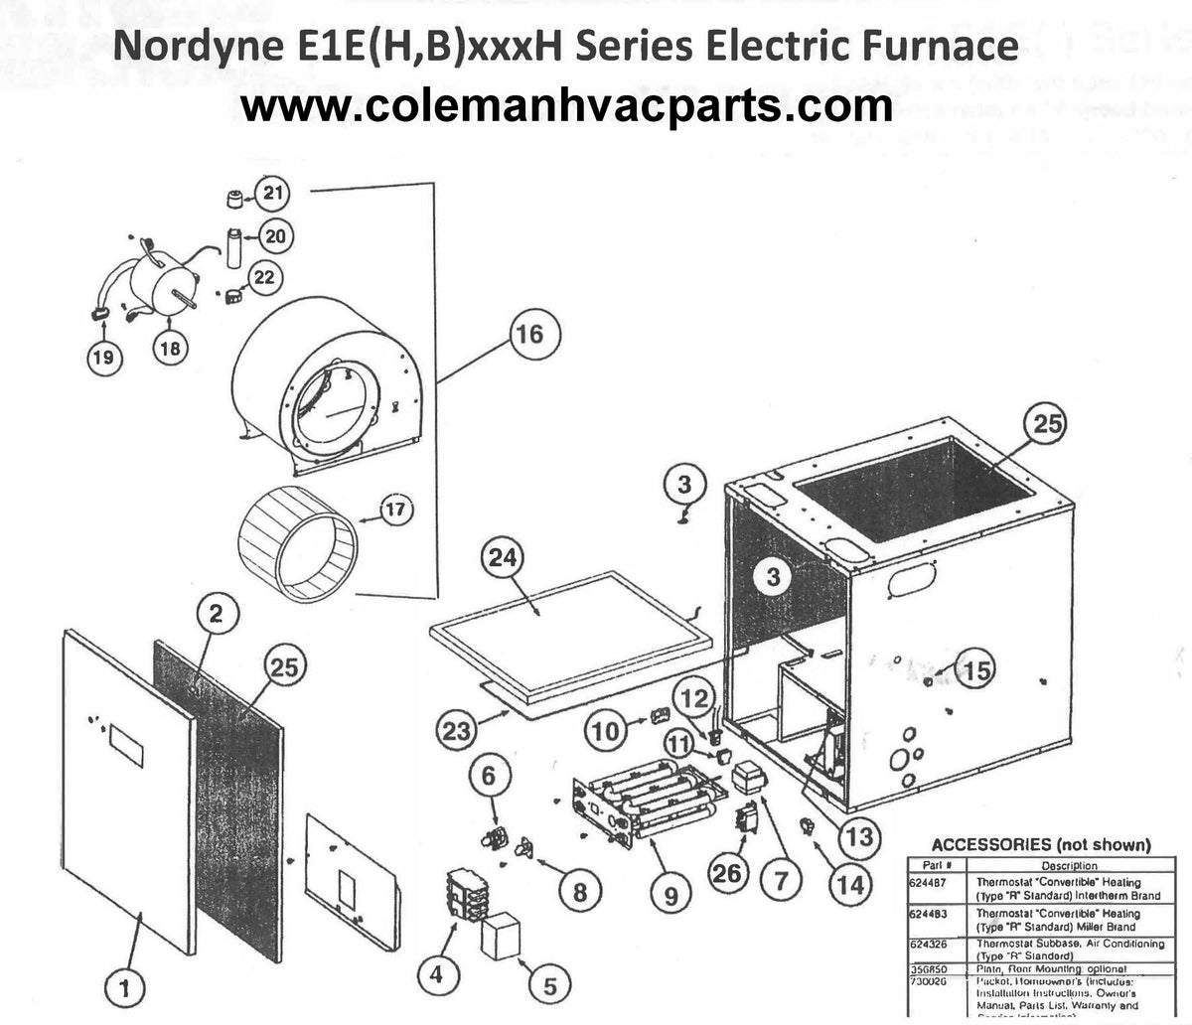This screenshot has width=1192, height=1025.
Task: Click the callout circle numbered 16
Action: (x=529, y=334)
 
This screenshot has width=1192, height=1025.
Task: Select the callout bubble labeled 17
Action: (x=395, y=512)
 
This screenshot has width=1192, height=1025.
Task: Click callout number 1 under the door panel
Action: (x=125, y=987)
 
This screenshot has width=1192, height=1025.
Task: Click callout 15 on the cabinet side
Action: (x=976, y=670)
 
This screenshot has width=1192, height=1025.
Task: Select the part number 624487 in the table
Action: (x=928, y=882)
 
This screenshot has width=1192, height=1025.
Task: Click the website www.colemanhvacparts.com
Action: (x=567, y=105)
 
